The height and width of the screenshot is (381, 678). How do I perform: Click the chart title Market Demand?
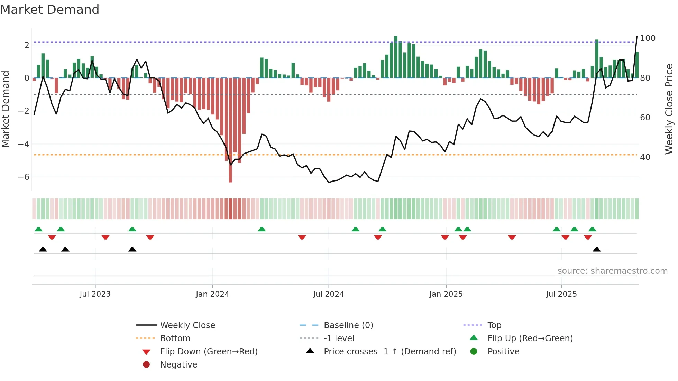click(50, 10)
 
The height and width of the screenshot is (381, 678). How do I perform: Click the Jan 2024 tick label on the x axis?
click(212, 294)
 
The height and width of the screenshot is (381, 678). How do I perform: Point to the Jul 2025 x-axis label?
click(561, 294)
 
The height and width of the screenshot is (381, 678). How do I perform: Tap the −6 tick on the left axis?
click(24, 177)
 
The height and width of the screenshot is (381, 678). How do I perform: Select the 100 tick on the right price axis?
click(648, 38)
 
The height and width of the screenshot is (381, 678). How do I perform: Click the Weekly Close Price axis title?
click(669, 109)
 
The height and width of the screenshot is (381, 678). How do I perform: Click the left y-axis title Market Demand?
click(6, 109)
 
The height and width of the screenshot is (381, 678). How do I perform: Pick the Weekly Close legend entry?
click(187, 325)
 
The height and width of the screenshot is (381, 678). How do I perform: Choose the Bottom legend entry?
click(175, 338)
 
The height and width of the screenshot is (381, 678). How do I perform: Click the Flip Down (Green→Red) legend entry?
click(209, 352)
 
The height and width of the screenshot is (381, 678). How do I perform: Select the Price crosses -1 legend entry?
click(390, 352)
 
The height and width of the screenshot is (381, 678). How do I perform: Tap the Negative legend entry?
click(178, 365)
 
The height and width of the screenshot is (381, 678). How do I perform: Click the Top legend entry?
click(494, 325)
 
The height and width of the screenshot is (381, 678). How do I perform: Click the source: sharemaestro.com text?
click(612, 271)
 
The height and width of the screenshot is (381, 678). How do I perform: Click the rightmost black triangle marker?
click(597, 249)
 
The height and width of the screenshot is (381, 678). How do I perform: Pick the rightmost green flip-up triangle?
click(592, 229)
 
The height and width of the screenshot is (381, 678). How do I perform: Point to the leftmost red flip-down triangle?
click(52, 237)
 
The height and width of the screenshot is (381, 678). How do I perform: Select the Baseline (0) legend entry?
click(348, 325)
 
